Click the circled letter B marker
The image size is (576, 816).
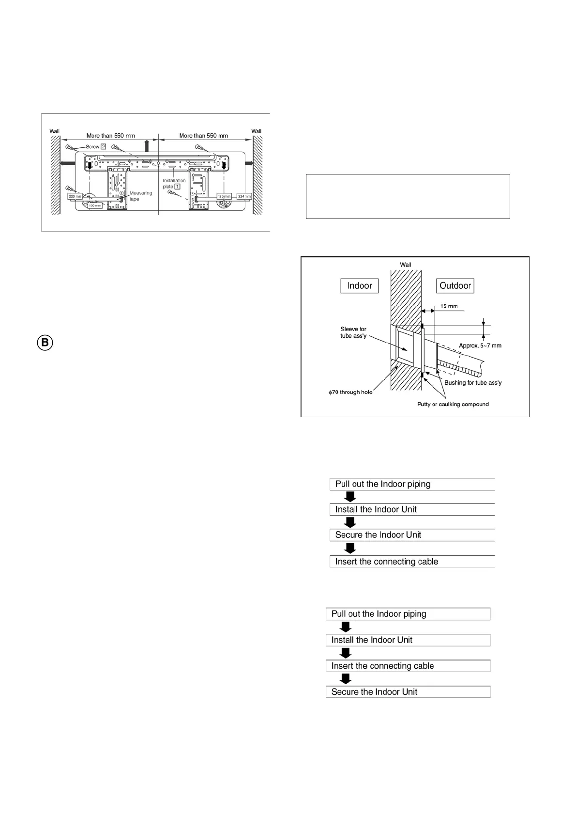click(45, 343)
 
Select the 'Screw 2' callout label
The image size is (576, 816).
click(96, 146)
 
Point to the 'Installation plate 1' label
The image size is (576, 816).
click(173, 184)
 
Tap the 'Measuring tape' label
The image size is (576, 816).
click(140, 196)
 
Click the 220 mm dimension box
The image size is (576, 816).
click(75, 196)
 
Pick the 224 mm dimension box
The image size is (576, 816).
click(244, 196)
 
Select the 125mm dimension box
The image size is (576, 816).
click(224, 196)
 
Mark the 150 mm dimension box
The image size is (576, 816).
click(95, 205)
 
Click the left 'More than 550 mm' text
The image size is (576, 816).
click(111, 136)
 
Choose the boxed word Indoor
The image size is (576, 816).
click(360, 286)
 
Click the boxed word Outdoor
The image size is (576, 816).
click(455, 286)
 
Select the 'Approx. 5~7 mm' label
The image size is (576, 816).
click(480, 345)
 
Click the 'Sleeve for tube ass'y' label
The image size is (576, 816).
click(353, 332)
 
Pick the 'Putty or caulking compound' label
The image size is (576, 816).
click(453, 404)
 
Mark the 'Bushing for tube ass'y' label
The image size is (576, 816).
click(473, 383)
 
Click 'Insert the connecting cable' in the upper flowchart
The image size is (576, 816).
click(386, 562)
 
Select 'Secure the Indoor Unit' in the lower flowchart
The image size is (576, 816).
click(374, 692)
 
